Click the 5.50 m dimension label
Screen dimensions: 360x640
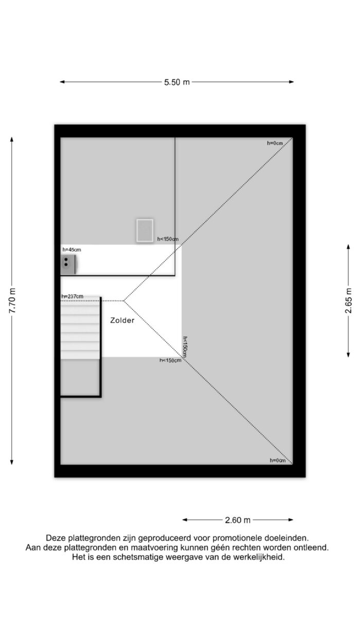(x=177, y=82)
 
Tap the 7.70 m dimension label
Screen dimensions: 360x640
(x=12, y=300)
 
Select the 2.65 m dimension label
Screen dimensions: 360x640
(x=349, y=300)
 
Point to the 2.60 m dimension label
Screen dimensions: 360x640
(x=238, y=520)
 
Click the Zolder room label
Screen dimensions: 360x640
(x=122, y=321)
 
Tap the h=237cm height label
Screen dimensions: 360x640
(x=73, y=296)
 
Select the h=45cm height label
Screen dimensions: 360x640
(x=71, y=250)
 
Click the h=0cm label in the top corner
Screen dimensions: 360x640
(x=275, y=143)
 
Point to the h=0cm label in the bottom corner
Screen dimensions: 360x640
(x=278, y=460)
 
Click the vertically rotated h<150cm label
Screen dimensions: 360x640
(x=185, y=347)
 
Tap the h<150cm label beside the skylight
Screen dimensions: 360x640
(x=168, y=239)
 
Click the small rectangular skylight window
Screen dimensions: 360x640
(x=145, y=230)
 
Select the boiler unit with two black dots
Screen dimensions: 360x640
(x=68, y=264)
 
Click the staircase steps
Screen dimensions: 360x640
(x=80, y=328)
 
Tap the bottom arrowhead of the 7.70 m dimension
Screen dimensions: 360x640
(x=12, y=462)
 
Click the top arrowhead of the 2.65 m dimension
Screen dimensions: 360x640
(x=348, y=247)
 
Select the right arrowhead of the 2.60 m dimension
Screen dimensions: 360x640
(x=291, y=520)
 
